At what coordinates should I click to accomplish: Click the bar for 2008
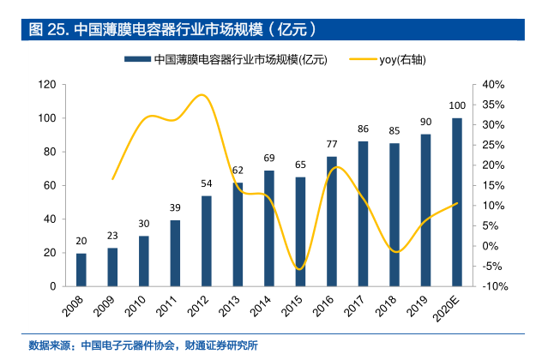(81, 269)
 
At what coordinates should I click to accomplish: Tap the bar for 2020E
(457, 202)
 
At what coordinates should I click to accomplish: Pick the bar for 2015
(300, 231)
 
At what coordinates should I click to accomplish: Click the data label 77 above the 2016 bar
(332, 144)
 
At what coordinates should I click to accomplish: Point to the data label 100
(458, 105)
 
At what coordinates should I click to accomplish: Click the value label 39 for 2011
(175, 208)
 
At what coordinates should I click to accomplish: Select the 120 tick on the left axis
(47, 85)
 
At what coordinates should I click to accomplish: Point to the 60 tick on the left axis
(50, 185)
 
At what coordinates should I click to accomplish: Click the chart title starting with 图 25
(172, 29)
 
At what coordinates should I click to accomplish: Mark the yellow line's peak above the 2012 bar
(202, 94)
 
